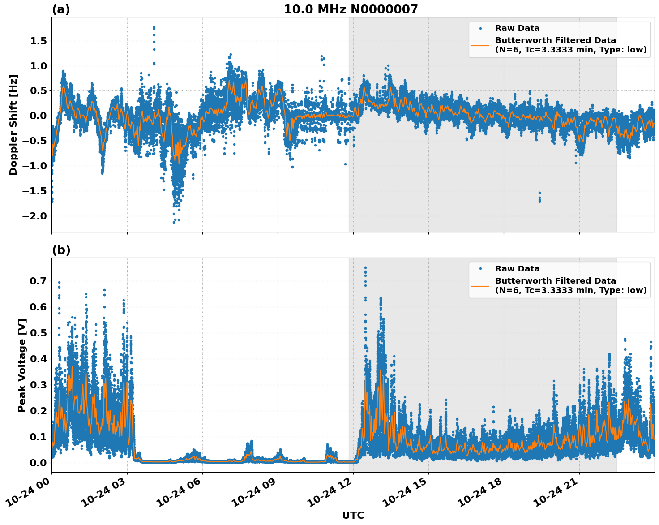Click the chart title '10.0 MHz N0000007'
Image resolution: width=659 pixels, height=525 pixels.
click(351, 9)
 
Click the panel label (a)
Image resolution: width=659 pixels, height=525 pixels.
click(61, 9)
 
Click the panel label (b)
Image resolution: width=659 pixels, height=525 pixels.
click(61, 250)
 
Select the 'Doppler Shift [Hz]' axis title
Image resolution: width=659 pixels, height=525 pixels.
click(13, 125)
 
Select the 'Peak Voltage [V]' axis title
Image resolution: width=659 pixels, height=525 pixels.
click(22, 365)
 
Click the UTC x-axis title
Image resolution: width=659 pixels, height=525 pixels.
click(353, 515)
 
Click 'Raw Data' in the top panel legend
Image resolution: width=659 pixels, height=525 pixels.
click(517, 28)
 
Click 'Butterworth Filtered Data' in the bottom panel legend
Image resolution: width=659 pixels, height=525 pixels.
click(555, 281)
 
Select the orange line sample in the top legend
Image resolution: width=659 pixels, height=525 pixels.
click(480, 45)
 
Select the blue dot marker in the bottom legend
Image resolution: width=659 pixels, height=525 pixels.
click(480, 269)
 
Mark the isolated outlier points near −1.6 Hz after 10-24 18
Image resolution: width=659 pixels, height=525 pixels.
click(539, 198)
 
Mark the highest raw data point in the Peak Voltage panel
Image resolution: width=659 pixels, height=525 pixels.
click(365, 268)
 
